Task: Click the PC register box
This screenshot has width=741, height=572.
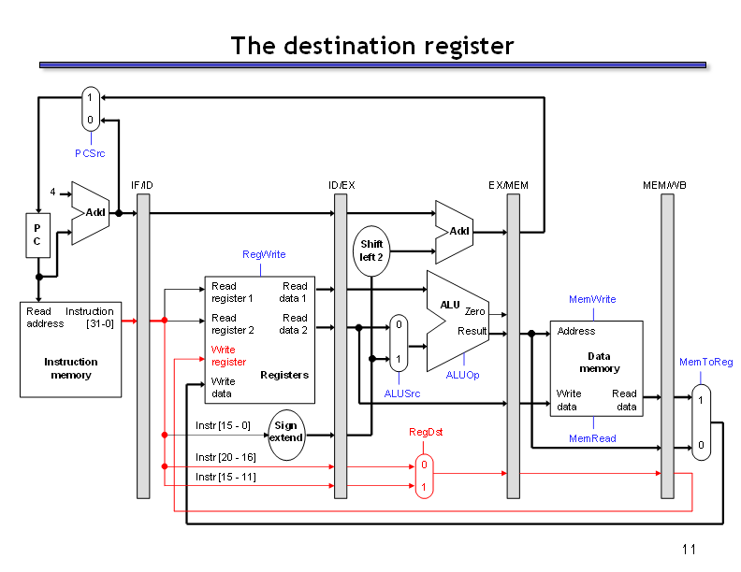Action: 37,235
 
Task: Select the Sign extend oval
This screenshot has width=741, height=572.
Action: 286,435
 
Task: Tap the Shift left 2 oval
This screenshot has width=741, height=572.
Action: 371,250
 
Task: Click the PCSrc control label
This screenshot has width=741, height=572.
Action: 90,153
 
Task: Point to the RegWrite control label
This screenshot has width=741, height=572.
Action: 264,254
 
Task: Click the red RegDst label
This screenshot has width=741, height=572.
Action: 426,432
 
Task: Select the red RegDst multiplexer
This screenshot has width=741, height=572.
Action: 424,476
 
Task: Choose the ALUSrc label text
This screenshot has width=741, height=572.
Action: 401,393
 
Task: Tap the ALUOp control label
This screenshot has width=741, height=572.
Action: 462,375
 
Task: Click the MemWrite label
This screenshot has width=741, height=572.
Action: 592,299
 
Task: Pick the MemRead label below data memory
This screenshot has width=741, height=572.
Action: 592,438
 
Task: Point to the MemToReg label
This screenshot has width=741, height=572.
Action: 705,362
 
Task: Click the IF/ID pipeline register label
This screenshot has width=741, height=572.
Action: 142,185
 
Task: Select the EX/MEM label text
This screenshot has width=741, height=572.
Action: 508,185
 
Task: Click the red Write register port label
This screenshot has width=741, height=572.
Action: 228,356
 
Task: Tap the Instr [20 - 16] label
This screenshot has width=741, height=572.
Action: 225,457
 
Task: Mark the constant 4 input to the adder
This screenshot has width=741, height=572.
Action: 53,192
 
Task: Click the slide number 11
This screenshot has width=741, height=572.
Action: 689,550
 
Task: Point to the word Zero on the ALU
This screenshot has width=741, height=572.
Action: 474,311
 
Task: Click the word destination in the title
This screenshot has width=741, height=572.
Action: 350,46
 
